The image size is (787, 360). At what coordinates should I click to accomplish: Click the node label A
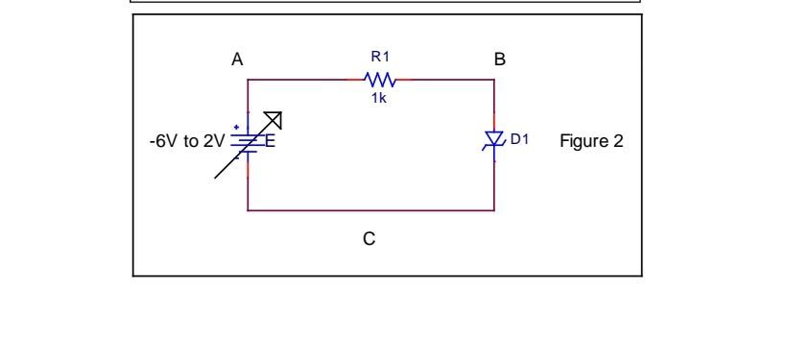pyautogui.click(x=237, y=60)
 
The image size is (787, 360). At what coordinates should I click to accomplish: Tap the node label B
pyautogui.click(x=499, y=60)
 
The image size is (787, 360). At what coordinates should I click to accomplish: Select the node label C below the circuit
pyautogui.click(x=369, y=239)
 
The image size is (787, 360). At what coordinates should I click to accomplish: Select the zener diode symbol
pyautogui.click(x=494, y=141)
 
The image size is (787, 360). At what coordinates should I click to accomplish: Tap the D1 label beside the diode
pyautogui.click(x=519, y=139)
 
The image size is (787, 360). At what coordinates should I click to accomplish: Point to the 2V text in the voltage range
pyautogui.click(x=212, y=142)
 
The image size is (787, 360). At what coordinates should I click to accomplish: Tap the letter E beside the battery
pyautogui.click(x=270, y=142)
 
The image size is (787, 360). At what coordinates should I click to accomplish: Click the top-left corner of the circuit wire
pyautogui.click(x=249, y=80)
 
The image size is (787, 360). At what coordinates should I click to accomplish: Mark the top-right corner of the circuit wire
pyautogui.click(x=494, y=80)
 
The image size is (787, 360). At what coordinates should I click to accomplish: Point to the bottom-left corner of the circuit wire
pyautogui.click(x=249, y=209)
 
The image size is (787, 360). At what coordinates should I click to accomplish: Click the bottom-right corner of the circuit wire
pyautogui.click(x=494, y=209)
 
